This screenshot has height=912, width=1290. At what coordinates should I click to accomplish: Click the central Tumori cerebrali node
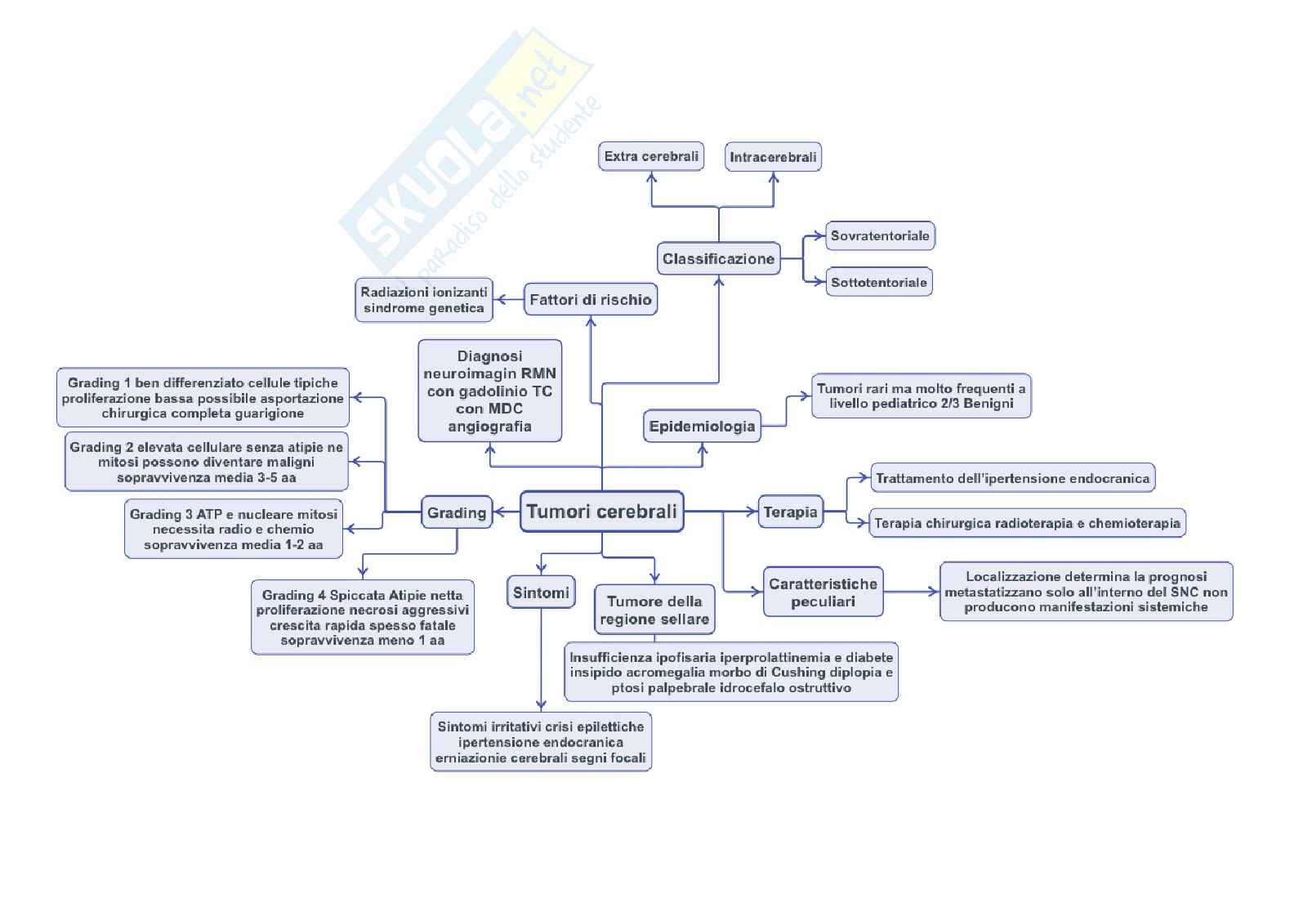[x=601, y=512]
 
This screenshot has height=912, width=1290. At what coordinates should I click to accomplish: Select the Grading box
[x=457, y=512]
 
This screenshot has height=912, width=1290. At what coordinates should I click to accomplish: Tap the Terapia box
[x=790, y=512]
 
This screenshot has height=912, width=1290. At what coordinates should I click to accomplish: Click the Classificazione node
[x=718, y=259]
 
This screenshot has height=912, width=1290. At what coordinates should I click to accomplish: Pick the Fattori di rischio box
[x=590, y=300]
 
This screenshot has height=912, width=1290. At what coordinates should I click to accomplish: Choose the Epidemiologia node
[x=702, y=426]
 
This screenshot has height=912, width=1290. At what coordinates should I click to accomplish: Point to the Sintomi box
[x=541, y=592]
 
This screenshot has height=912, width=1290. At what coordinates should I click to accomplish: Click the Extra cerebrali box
[x=651, y=156]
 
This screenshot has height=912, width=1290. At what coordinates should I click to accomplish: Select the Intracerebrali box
[x=773, y=157]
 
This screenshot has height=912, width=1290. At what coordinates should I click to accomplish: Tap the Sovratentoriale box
[x=880, y=236]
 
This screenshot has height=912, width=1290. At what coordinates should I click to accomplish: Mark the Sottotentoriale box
[x=879, y=282]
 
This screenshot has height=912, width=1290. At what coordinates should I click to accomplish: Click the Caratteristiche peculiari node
[x=823, y=592]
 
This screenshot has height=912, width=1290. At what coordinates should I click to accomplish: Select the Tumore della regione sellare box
[x=654, y=610]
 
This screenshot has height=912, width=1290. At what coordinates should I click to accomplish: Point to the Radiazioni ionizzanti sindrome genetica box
[x=424, y=300]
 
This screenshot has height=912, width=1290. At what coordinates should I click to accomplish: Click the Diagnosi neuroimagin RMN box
[x=489, y=391]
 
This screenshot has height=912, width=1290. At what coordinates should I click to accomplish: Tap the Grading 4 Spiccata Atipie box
[x=362, y=618]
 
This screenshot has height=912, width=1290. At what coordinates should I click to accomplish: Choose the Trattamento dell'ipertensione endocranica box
[x=1012, y=478]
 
